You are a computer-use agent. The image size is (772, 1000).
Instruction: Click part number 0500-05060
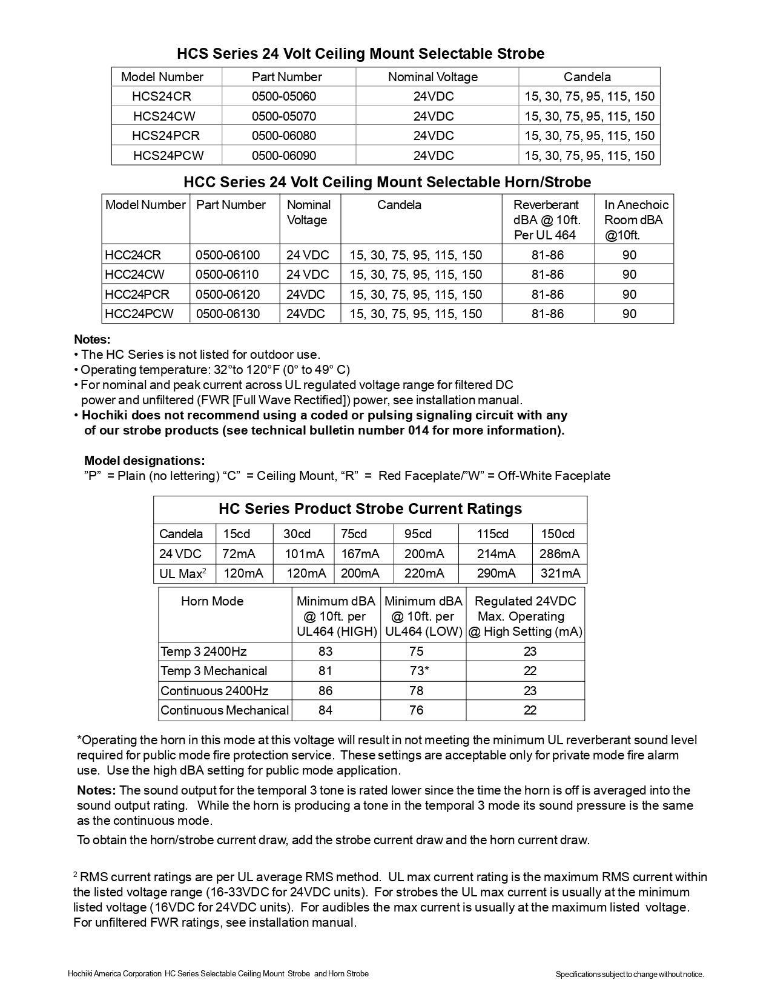point(284,96)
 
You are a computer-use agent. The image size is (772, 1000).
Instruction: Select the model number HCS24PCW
point(168,156)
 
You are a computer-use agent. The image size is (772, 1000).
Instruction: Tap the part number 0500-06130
point(228,314)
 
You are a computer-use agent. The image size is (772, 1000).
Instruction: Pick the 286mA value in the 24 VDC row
point(559,554)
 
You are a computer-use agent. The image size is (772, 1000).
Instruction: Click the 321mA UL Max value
point(560,573)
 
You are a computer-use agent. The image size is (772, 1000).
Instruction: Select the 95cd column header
point(418,534)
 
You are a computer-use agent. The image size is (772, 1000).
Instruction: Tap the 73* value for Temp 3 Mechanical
point(417,671)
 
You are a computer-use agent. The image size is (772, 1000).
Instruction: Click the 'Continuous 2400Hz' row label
point(214,691)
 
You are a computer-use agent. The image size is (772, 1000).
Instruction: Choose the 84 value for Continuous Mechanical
point(325,710)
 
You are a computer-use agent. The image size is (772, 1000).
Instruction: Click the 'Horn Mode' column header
point(212,601)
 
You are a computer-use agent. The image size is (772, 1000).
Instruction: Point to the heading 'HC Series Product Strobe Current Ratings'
point(370,508)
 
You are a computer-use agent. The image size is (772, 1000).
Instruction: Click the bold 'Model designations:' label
point(144,461)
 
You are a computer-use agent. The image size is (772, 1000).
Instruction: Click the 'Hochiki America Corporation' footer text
point(114,974)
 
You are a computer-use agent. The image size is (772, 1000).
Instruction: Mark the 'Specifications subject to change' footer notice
point(630,975)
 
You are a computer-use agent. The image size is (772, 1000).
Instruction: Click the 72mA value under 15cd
point(239,554)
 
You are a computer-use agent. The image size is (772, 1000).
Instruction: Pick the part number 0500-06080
point(284,136)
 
